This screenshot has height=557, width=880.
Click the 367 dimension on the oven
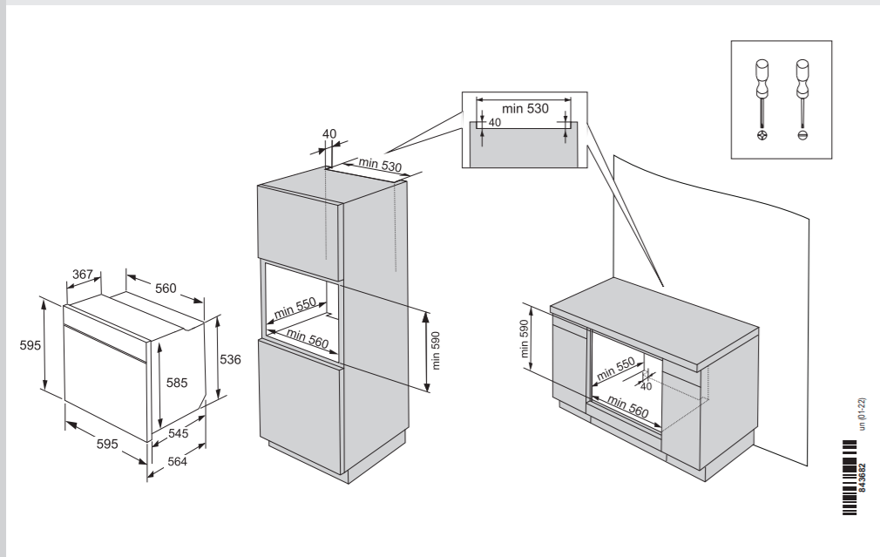point(83,275)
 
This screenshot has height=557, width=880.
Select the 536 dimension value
point(231,358)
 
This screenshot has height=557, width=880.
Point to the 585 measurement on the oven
point(177,382)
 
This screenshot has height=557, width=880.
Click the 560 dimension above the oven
point(166,289)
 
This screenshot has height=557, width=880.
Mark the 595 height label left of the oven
point(30,345)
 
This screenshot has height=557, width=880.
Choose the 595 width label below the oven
point(106,444)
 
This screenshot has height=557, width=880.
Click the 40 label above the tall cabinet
point(329,133)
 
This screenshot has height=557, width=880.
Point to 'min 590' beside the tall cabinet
point(437,349)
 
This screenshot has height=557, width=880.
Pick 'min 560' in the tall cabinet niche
point(307,339)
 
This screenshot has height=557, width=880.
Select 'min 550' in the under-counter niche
point(615,370)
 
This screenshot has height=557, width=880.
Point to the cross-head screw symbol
point(762,136)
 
